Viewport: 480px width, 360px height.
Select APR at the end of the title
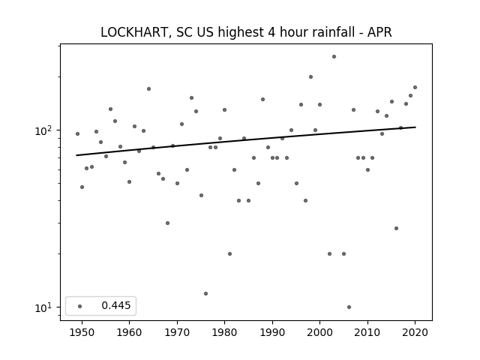(x=379, y=32)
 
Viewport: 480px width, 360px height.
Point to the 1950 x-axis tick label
(x=82, y=332)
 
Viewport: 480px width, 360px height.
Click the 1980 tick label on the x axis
(x=224, y=332)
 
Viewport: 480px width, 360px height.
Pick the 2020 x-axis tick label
(x=415, y=332)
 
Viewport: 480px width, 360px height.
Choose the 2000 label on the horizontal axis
(x=320, y=332)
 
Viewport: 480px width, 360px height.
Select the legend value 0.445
(x=116, y=305)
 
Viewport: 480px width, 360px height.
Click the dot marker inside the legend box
(x=80, y=306)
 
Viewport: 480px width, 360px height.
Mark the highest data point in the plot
(x=334, y=57)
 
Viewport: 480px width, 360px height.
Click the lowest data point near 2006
(x=349, y=307)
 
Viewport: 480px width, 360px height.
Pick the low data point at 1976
(x=205, y=293)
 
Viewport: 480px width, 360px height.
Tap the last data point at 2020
(x=415, y=87)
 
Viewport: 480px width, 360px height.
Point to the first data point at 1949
(x=77, y=133)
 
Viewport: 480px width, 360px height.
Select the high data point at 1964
(x=148, y=88)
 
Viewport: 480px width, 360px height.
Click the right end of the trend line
(x=415, y=127)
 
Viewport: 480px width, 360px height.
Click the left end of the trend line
(x=76, y=155)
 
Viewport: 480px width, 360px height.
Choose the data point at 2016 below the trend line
(x=396, y=228)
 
